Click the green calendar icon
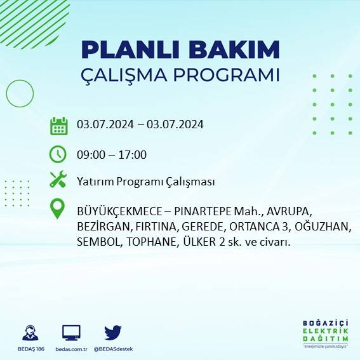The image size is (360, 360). pyautogui.click(x=58, y=125)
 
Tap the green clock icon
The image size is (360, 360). pyautogui.click(x=58, y=154)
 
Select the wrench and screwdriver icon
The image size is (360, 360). pyautogui.click(x=58, y=180)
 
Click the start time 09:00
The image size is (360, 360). pyautogui.click(x=90, y=154)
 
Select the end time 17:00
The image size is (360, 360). pyautogui.click(x=133, y=154)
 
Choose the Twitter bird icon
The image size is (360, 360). pyautogui.click(x=113, y=332)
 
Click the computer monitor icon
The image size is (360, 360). pyautogui.click(x=71, y=332)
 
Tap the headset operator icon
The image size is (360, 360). pyautogui.click(x=29, y=332)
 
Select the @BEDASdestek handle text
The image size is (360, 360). pyautogui.click(x=112, y=349)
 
